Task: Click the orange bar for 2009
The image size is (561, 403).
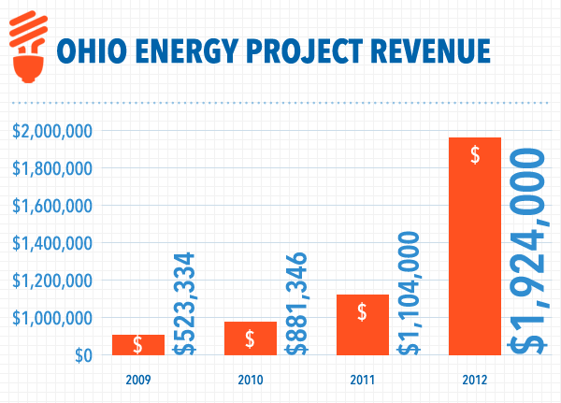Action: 138,345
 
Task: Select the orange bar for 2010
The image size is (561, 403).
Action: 251,338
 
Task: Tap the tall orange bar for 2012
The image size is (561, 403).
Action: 475,247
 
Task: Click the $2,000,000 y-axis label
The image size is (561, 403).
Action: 51,131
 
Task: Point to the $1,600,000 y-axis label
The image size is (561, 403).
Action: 51,206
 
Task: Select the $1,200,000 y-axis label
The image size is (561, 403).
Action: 51,281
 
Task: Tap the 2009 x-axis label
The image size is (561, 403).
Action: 138,380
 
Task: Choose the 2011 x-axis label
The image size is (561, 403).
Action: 363,380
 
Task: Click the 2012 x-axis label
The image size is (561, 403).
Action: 475,380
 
